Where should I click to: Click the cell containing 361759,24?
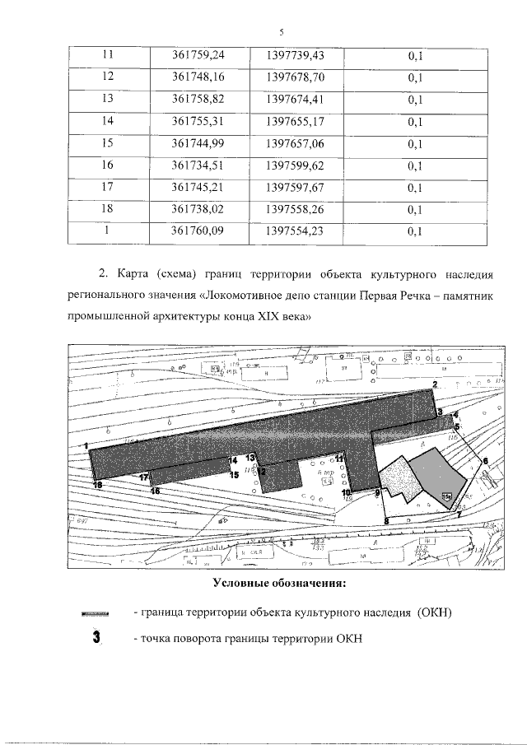pyautogui.click(x=198, y=54)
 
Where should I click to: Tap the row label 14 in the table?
pyautogui.click(x=107, y=121)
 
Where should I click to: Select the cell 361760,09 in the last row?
pyautogui.click(x=198, y=231)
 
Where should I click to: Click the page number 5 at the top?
pyautogui.click(x=281, y=32)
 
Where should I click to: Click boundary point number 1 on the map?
pyautogui.click(x=86, y=446)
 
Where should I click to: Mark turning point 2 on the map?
pyautogui.click(x=435, y=385)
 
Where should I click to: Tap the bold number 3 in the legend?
pyautogui.click(x=97, y=638)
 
